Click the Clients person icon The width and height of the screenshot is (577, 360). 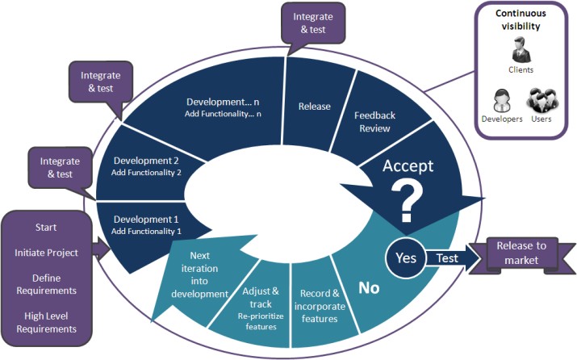click(521, 50)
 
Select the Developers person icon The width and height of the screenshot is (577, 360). click(502, 100)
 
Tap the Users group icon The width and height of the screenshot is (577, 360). click(542, 100)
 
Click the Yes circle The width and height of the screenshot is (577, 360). click(406, 258)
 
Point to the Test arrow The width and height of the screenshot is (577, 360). click(454, 258)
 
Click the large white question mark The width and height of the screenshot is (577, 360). click(407, 203)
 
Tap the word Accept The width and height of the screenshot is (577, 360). click(408, 166)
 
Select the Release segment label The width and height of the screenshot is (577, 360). click(314, 107)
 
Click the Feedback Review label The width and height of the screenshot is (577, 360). click(374, 122)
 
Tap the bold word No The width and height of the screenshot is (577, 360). click(369, 288)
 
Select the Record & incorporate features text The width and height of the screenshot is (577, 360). click(320, 306)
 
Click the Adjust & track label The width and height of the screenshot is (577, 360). click(261, 298)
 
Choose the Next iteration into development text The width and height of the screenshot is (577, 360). click(199, 274)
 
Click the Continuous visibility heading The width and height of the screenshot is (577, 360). click(521, 19)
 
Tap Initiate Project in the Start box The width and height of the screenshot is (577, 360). click(46, 253)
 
